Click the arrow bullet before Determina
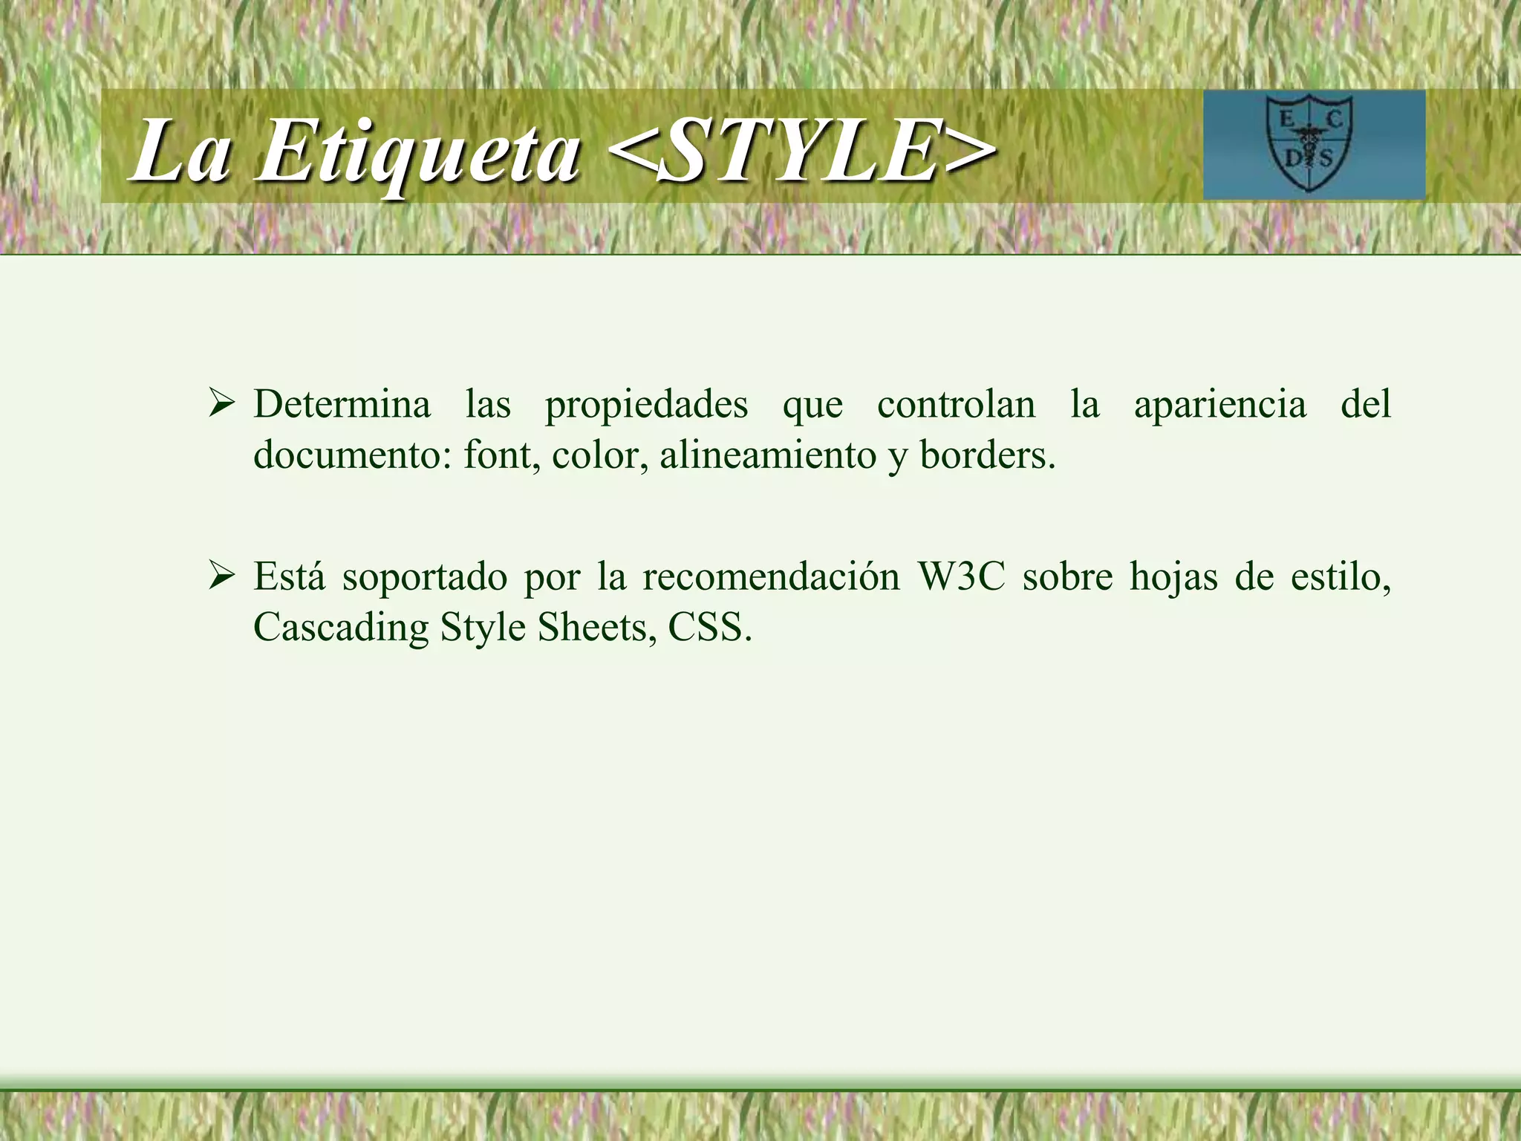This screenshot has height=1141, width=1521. (x=221, y=405)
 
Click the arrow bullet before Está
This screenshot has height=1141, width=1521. (x=221, y=576)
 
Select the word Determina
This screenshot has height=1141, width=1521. (x=342, y=405)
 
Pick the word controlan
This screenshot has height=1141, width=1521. (x=956, y=405)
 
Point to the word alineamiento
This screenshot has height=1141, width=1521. (x=768, y=455)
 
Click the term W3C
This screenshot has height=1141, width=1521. (x=961, y=576)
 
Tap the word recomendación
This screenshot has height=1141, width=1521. (x=770, y=576)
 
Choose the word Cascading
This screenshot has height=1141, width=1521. (x=341, y=628)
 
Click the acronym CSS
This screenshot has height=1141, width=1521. (x=709, y=627)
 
